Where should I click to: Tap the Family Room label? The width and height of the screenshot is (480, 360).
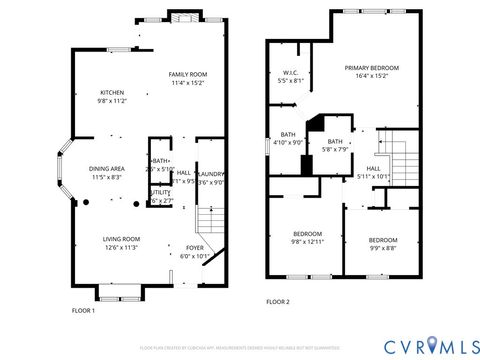(x=187, y=75)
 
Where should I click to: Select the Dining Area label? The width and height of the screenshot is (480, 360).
(x=107, y=169)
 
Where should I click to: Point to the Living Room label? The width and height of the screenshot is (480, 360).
(x=122, y=239)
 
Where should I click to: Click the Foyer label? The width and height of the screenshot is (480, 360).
(x=194, y=246)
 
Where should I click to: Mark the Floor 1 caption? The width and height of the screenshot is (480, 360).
(x=83, y=311)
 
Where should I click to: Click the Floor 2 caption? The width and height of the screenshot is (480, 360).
(x=277, y=301)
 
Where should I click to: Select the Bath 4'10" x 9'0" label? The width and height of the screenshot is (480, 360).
(x=288, y=139)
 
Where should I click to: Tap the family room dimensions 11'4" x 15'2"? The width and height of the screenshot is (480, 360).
(x=187, y=83)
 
